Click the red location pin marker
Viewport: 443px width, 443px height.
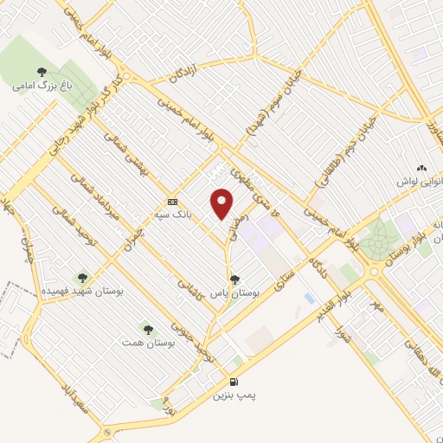click(222, 203)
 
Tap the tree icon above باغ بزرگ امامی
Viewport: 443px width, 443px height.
click(42, 72)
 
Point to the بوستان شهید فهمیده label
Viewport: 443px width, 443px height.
click(83, 292)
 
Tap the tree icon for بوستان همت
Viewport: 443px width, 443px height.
click(147, 329)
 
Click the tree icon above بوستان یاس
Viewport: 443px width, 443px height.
click(235, 279)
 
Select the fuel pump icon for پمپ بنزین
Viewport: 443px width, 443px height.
click(233, 382)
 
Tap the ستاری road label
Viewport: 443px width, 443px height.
click(283, 286)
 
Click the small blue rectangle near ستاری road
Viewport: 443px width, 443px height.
click(309, 299)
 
